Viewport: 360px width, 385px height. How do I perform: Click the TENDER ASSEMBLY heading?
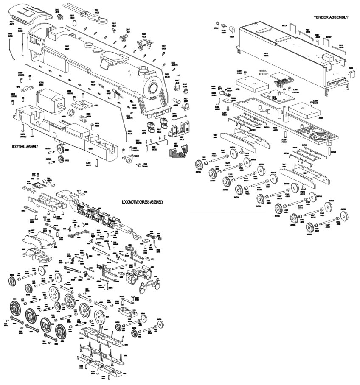[331, 17]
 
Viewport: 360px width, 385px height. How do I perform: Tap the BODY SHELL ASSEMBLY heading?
[25, 147]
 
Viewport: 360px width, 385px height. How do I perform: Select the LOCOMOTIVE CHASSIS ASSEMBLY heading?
[142, 202]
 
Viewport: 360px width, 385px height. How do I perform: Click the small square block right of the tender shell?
[352, 74]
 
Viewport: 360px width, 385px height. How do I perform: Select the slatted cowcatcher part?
[178, 148]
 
